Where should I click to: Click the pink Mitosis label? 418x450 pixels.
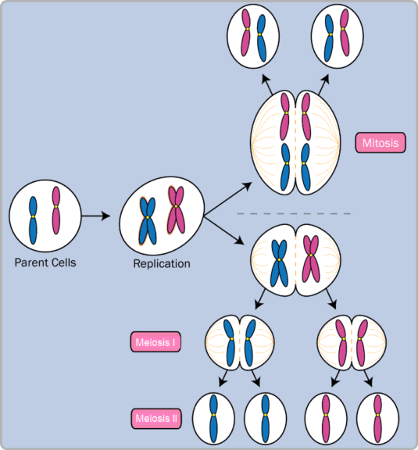(380, 143)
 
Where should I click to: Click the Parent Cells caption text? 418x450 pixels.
(45, 262)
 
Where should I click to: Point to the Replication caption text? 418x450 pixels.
(162, 263)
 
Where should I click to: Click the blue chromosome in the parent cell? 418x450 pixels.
(34, 219)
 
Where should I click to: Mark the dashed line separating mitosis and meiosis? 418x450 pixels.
(293, 213)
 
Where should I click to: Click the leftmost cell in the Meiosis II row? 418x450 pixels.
(213, 419)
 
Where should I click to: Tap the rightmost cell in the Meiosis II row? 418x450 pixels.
(378, 419)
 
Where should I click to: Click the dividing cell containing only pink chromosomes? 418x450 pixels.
(351, 341)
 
